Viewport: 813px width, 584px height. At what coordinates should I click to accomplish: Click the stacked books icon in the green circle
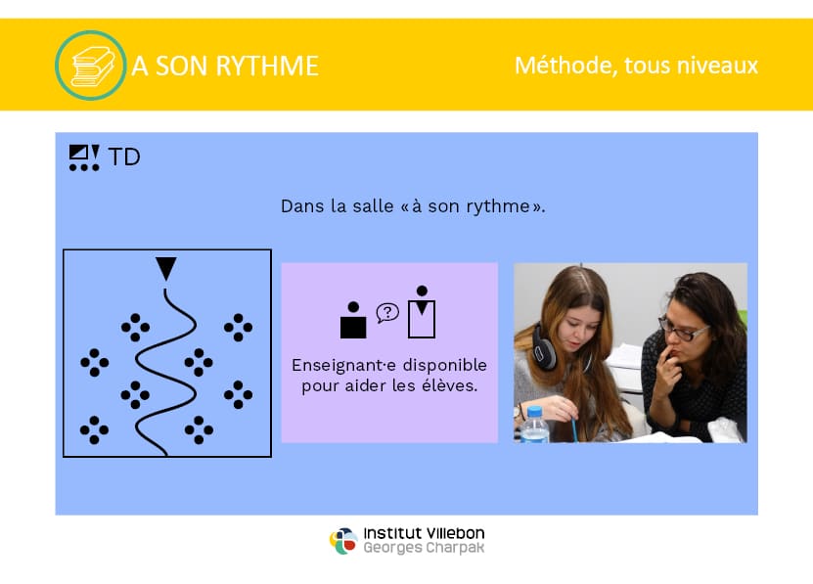pyautogui.click(x=92, y=66)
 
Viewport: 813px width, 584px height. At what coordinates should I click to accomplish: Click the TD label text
pyautogui.click(x=124, y=157)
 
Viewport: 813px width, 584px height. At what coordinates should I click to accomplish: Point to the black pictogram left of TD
pyautogui.click(x=84, y=157)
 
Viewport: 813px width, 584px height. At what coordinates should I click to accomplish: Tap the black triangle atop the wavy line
pyautogui.click(x=166, y=269)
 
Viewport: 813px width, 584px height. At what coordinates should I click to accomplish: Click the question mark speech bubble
pyautogui.click(x=387, y=313)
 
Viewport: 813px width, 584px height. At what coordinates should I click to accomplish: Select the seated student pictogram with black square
pyautogui.click(x=353, y=320)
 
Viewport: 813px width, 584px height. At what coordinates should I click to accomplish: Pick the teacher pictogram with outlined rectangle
pyautogui.click(x=422, y=312)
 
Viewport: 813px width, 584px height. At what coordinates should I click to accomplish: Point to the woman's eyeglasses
pyautogui.click(x=684, y=330)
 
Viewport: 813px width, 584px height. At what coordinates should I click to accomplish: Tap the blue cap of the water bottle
pyautogui.click(x=534, y=414)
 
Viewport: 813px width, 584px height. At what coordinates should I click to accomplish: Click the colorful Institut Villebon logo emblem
pyautogui.click(x=343, y=541)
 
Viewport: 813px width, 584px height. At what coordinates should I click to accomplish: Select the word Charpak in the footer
pyautogui.click(x=455, y=548)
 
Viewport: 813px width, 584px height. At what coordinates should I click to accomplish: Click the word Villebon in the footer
pyautogui.click(x=455, y=533)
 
